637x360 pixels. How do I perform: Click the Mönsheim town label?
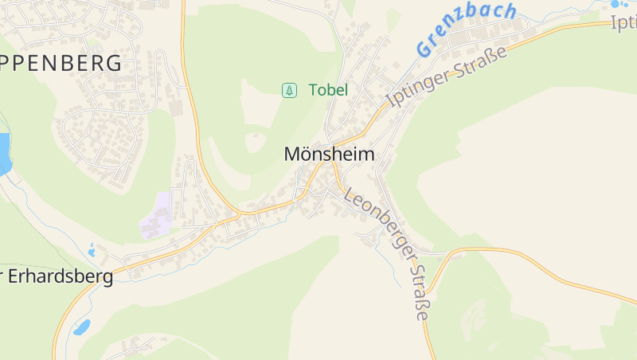[329, 155]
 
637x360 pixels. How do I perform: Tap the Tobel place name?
[328, 90]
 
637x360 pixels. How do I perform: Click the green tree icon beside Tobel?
[290, 90]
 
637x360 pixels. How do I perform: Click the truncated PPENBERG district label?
[61, 63]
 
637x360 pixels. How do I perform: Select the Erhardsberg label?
[61, 276]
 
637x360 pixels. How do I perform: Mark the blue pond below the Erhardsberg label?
[81, 327]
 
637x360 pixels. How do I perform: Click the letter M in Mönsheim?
[292, 155]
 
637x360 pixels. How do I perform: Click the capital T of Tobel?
[313, 90]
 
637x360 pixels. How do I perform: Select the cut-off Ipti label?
[623, 23]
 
